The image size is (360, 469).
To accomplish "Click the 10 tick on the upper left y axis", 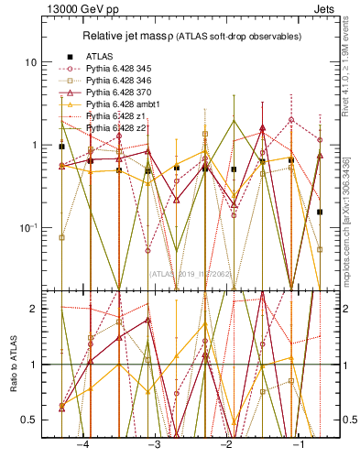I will (31, 62).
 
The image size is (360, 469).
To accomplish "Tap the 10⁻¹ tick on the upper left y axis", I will (27, 227).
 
